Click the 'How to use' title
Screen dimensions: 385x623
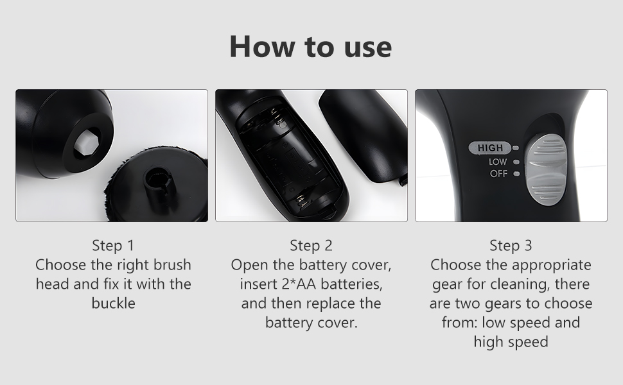coord(311,47)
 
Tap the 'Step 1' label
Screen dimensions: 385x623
coord(113,245)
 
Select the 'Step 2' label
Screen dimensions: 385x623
coord(311,245)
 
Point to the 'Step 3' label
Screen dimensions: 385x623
coord(511,245)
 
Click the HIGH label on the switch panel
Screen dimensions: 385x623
coord(490,148)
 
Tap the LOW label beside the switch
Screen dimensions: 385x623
coord(498,162)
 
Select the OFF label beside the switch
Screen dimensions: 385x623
coord(498,174)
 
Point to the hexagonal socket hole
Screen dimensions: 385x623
coord(83,140)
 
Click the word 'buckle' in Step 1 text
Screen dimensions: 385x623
coord(113,303)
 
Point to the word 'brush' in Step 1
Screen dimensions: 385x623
coord(172,264)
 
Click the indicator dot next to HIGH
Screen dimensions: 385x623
coord(516,149)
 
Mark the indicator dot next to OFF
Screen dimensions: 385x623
coord(516,174)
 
